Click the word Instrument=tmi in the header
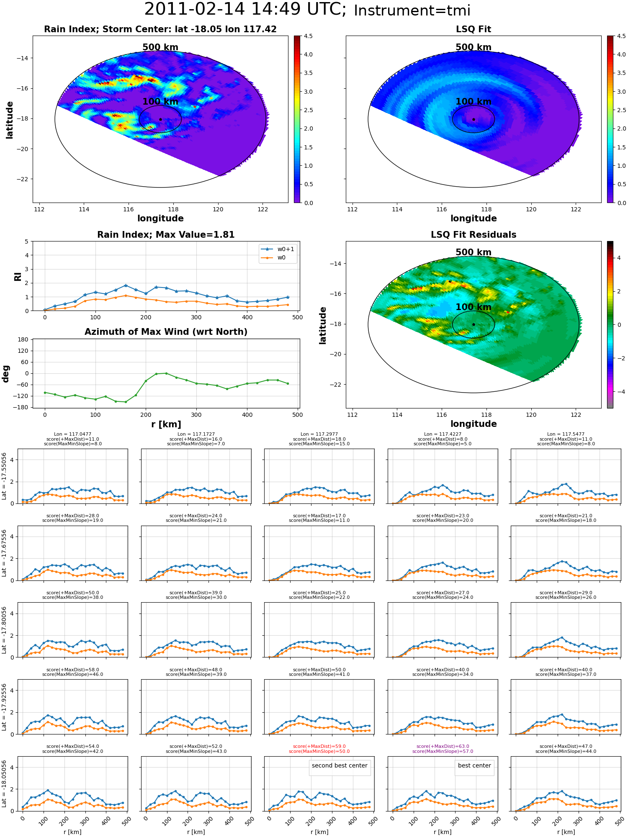pyautogui.click(x=412, y=11)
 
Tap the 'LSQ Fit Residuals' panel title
pyautogui.click(x=474, y=235)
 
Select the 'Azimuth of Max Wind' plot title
pyautogui.click(x=166, y=332)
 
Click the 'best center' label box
pyautogui.click(x=474, y=765)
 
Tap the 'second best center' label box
pyautogui.click(x=340, y=765)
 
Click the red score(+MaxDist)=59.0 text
pyautogui.click(x=319, y=746)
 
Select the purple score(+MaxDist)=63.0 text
pyautogui.click(x=443, y=746)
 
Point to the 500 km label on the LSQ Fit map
pyautogui.click(x=474, y=47)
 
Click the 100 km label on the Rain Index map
pyautogui.click(x=160, y=102)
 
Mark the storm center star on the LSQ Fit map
pyautogui.click(x=474, y=119)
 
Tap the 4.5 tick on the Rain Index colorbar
pyautogui.click(x=308, y=36)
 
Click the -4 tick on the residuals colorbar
pyautogui.click(x=619, y=392)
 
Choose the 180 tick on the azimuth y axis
pyautogui.click(x=23, y=339)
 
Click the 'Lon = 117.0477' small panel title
pyautogui.click(x=72, y=434)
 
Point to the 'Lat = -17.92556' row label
pyautogui.click(x=4, y=707)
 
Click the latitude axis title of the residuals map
pyautogui.click(x=322, y=326)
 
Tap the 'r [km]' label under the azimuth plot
pyautogui.click(x=166, y=424)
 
